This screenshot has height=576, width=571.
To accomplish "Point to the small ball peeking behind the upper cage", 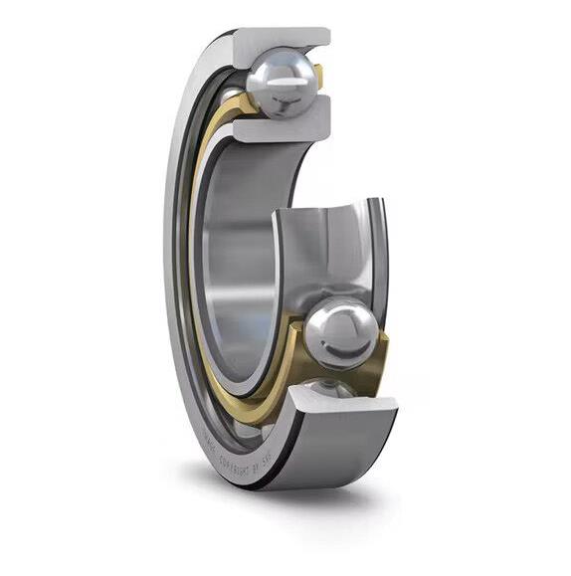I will [231, 95].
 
